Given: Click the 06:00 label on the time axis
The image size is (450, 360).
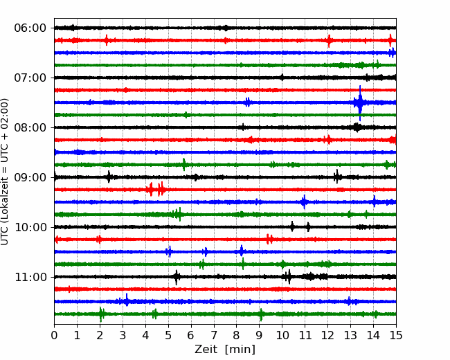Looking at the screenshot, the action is (30, 28).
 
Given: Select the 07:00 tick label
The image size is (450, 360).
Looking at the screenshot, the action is (30, 78).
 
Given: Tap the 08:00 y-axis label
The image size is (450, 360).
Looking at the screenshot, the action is (30, 127).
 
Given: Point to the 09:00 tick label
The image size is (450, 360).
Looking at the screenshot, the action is (30, 177).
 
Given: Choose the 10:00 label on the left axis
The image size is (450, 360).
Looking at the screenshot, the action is (30, 227).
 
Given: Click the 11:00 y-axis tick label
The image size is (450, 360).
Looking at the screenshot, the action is (30, 277).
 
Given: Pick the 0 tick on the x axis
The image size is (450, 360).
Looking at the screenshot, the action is (54, 335).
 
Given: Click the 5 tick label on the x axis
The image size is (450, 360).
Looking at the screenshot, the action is (168, 335).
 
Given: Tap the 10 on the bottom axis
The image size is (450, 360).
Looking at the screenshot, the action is (282, 335).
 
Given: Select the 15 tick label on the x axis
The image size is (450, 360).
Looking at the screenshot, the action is (396, 335).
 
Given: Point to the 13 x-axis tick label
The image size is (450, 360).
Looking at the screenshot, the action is (350, 335).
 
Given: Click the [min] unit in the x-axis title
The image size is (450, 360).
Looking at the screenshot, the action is (240, 350).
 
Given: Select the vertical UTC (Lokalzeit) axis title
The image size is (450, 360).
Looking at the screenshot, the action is (4, 172).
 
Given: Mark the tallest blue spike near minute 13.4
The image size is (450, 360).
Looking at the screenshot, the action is (360, 102).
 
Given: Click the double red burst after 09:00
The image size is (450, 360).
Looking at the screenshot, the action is (156, 189).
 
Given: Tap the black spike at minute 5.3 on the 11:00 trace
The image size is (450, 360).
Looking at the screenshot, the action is (177, 277).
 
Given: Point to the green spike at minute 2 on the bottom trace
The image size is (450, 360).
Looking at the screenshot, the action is (101, 314).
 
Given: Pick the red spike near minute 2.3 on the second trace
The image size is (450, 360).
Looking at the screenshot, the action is (107, 40).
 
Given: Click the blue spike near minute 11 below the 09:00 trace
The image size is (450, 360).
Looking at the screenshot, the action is (304, 202).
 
